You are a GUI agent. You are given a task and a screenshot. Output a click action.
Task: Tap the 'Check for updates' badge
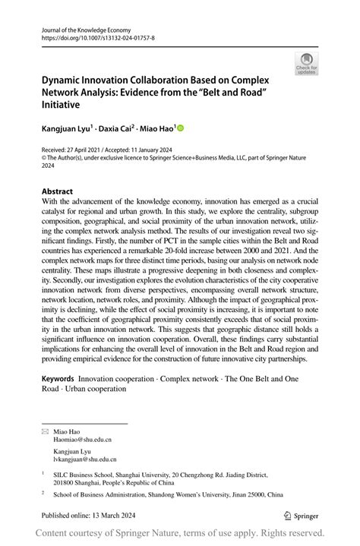pos(307,63)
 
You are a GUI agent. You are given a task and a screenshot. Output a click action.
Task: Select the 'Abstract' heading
pos(58,191)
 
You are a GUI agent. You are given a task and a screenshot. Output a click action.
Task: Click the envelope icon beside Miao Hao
pos(45,431)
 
